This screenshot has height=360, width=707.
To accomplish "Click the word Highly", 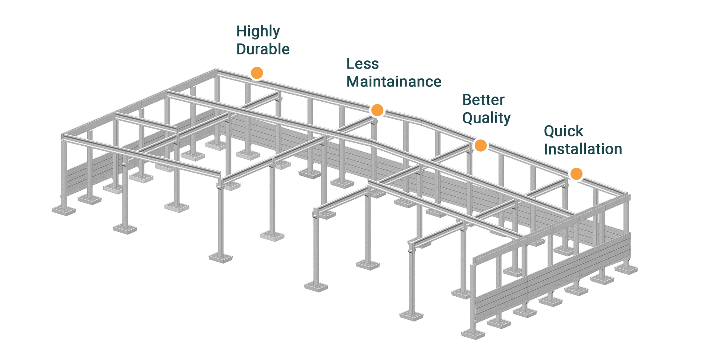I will point(258,31).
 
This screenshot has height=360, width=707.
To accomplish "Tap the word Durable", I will point(263,49).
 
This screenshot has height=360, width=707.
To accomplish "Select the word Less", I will point(362,64).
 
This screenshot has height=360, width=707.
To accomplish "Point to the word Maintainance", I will point(394,81).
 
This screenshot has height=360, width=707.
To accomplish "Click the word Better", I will point(484,100).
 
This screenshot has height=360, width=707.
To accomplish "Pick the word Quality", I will point(486,118).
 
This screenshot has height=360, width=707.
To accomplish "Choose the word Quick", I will point(563,131).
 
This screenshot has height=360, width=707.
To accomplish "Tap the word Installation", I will point(583,149).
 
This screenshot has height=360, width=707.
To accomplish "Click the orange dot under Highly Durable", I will point(257,73).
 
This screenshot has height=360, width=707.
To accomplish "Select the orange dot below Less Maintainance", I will point(377,110).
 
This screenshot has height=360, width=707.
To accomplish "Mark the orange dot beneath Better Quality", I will point(480,145).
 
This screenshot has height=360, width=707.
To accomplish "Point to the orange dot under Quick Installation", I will point(576,174).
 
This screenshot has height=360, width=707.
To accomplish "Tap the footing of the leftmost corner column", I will point(64,211).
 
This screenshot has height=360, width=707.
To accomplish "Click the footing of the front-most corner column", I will point(473,334).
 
